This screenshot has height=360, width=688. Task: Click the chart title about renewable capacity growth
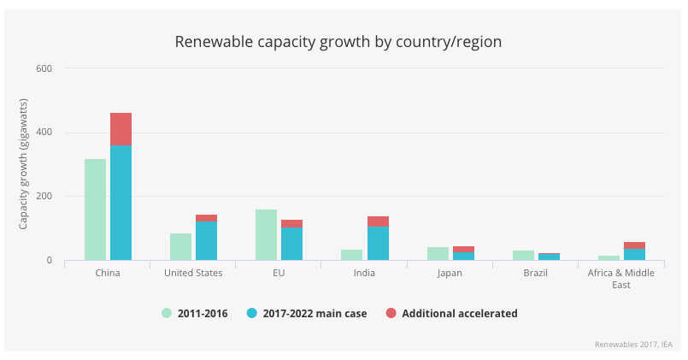tap(338, 41)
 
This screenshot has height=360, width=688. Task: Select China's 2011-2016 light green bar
tap(95, 210)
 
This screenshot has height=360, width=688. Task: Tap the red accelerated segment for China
tap(121, 128)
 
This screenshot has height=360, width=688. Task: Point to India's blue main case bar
tap(378, 243)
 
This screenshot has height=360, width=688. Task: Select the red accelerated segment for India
tap(378, 221)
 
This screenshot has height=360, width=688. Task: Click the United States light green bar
tap(180, 246)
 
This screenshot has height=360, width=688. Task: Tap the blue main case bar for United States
tap(206, 240)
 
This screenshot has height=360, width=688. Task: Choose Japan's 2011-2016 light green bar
tap(438, 253)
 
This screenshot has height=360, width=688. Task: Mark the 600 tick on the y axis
tap(44, 68)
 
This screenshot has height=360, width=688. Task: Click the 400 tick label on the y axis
tap(44, 133)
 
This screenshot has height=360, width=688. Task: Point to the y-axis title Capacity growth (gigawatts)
tap(23, 164)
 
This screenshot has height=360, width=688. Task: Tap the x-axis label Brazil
tap(536, 273)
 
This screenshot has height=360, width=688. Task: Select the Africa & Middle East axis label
tap(621, 278)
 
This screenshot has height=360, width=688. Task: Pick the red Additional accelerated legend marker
tap(391, 313)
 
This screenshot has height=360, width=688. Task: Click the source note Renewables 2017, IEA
tap(633, 344)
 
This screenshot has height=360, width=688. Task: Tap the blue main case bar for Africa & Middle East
tap(634, 254)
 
